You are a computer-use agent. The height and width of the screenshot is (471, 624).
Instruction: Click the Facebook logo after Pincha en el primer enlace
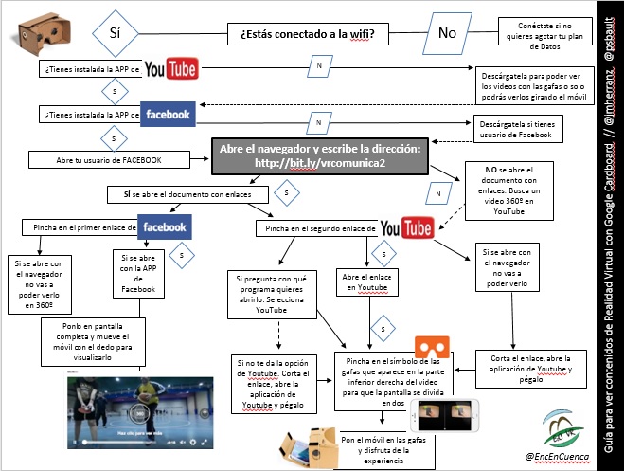[164, 227]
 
